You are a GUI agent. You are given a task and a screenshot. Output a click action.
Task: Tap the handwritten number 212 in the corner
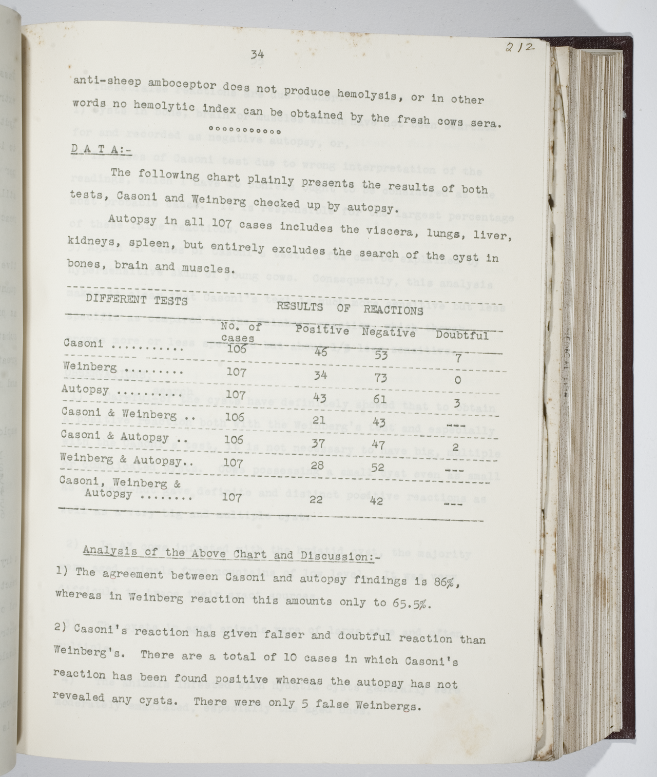tap(519, 48)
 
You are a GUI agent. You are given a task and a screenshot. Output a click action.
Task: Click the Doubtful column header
tap(462, 336)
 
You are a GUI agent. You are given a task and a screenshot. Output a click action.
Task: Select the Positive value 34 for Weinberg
tap(320, 375)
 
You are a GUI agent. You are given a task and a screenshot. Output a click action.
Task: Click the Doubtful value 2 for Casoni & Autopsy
tap(455, 448)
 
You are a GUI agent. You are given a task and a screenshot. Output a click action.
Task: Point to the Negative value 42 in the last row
tap(376, 500)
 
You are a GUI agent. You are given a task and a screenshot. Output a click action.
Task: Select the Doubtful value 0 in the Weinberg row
tap(457, 380)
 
